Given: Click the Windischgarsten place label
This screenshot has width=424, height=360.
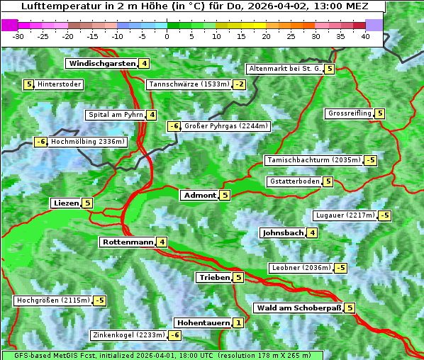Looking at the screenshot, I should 101,64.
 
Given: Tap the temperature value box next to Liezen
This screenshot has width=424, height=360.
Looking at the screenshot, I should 87,203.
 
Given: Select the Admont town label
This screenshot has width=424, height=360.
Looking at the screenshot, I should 199,196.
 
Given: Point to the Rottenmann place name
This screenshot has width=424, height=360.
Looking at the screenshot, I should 128,242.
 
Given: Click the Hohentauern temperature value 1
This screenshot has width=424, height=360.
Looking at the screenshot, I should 238,323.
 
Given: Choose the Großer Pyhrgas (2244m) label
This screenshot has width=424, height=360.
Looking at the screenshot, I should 225,126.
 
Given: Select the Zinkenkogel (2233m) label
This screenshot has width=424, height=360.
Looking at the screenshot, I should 128,335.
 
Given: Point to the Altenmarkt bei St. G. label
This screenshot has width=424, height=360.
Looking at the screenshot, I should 284,69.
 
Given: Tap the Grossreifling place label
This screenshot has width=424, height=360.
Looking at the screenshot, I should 350,113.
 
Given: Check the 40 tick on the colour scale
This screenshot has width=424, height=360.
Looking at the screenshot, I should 365,35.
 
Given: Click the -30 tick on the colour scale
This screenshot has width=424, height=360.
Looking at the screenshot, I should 18,35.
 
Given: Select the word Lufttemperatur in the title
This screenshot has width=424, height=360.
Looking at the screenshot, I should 55,6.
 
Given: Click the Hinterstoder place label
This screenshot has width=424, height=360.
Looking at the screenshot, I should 60,85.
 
